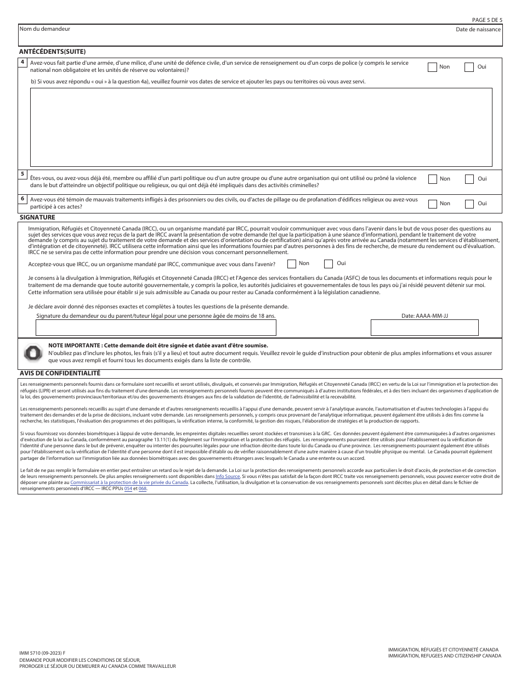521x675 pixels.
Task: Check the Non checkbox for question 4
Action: (x=432, y=67)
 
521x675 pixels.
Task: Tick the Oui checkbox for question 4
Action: (x=469, y=67)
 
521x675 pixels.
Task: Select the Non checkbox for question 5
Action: (x=432, y=179)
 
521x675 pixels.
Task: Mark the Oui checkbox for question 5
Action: (x=469, y=179)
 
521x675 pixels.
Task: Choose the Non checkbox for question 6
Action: (x=432, y=204)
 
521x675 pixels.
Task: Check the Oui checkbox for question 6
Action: (x=469, y=204)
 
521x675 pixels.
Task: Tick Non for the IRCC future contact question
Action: (x=292, y=264)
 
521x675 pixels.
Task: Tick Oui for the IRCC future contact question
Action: (x=329, y=264)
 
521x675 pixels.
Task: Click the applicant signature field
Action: (x=156, y=328)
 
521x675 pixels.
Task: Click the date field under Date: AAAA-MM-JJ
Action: (x=424, y=328)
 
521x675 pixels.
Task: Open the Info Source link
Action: (x=227, y=476)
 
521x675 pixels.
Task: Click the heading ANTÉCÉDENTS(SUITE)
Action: (x=52, y=52)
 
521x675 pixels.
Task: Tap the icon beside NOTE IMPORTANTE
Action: (x=33, y=353)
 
